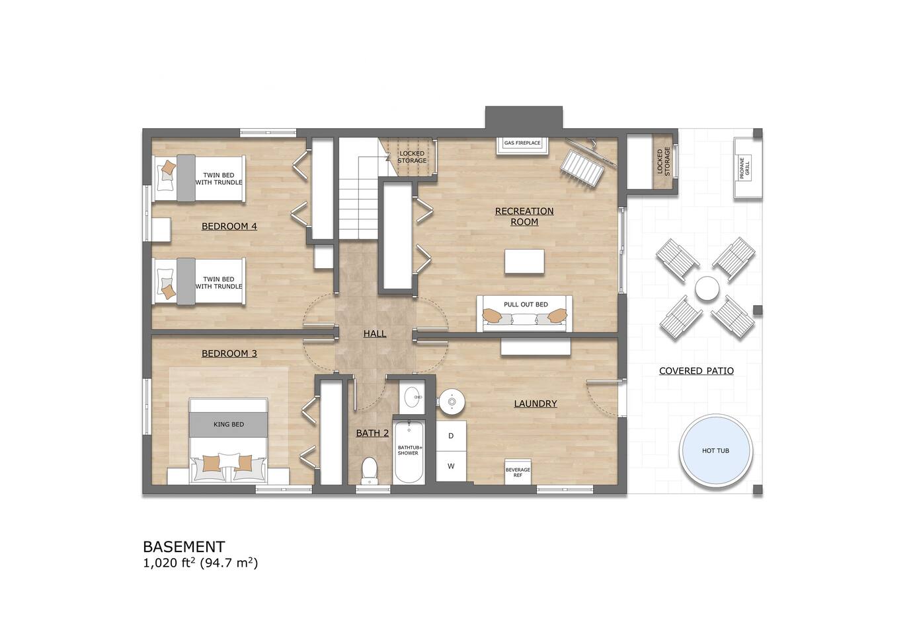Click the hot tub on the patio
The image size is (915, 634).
(715, 451)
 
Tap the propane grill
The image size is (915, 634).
(748, 168)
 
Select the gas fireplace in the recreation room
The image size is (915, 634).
(522, 146)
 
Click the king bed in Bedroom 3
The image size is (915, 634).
(228, 439)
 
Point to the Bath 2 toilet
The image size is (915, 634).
(370, 470)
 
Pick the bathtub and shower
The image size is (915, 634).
(409, 451)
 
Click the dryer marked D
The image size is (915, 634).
(451, 436)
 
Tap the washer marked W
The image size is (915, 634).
(451, 466)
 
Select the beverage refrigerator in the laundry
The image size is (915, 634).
(518, 472)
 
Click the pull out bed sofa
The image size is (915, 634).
(524, 314)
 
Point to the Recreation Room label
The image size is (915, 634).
(524, 217)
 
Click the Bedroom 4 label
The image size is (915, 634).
(229, 226)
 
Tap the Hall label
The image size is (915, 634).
(375, 334)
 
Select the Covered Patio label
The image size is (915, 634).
(696, 371)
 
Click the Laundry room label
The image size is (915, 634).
(536, 404)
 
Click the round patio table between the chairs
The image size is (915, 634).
(707, 289)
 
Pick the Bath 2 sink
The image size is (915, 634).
(412, 396)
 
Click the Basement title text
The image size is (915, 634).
(184, 546)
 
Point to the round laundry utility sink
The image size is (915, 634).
(452, 402)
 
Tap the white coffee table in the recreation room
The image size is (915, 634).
(524, 262)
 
